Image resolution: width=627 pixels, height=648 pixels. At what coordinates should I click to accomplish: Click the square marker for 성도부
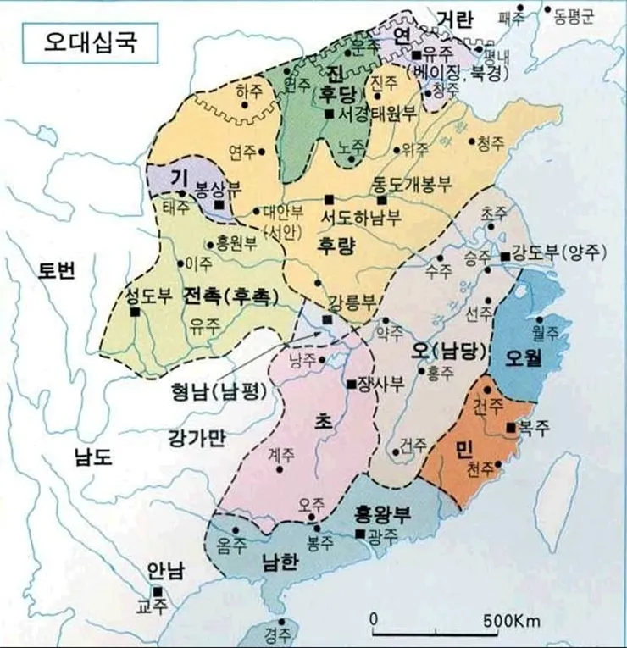point(135,311)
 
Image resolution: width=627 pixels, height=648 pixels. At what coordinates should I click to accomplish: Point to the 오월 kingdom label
point(524,356)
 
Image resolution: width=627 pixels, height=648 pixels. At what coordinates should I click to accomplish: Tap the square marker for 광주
point(361,533)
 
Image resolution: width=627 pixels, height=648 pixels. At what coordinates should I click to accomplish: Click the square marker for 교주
point(157,591)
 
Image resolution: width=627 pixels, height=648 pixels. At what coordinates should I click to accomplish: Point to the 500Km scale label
point(513,621)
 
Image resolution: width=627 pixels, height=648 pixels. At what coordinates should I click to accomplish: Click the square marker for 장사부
point(352,384)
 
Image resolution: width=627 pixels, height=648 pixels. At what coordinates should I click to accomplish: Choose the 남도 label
point(92,458)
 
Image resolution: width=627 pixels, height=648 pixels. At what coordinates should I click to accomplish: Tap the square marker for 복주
point(511,429)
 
